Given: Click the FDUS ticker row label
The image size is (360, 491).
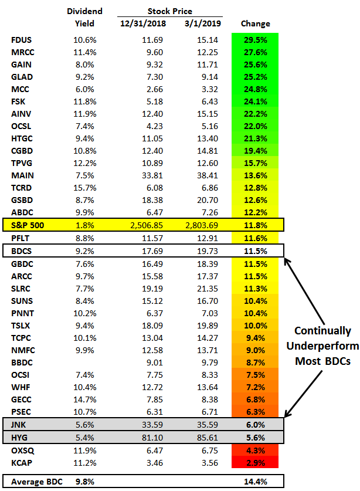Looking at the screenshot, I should coord(22,40).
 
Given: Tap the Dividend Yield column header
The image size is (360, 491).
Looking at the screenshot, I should coord(84,17).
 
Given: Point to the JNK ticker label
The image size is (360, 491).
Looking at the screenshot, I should coord(21,424).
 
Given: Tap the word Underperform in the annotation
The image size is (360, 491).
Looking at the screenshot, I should coord(322,346).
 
